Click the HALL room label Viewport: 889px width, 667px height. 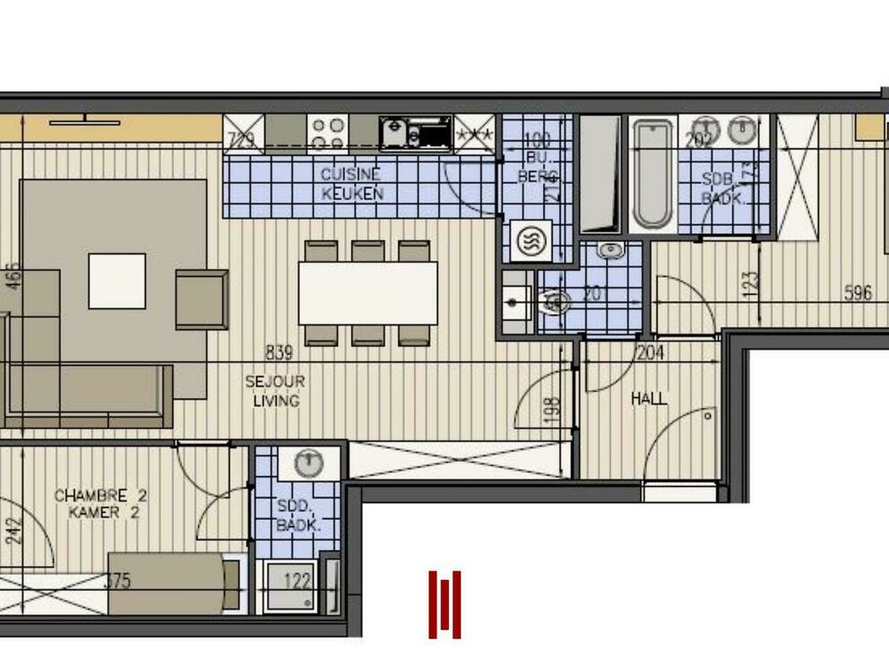point(649,399)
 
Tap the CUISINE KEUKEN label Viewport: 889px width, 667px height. point(352,184)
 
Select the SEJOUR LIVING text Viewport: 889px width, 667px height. point(275,392)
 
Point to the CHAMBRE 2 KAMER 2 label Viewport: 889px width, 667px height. point(101,504)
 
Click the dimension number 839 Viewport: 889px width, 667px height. point(279,352)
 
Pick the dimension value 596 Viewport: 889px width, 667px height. point(859,292)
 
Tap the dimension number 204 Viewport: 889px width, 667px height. point(650,353)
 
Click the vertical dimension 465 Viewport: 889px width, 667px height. point(13,275)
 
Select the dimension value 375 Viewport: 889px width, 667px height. point(117,581)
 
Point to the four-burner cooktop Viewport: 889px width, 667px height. point(328,134)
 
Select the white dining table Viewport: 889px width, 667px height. point(367,292)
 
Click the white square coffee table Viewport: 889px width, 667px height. point(117,281)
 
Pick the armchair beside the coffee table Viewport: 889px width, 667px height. point(201,299)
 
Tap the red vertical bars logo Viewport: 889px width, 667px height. point(444,605)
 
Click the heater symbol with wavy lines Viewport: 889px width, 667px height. point(531,240)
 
